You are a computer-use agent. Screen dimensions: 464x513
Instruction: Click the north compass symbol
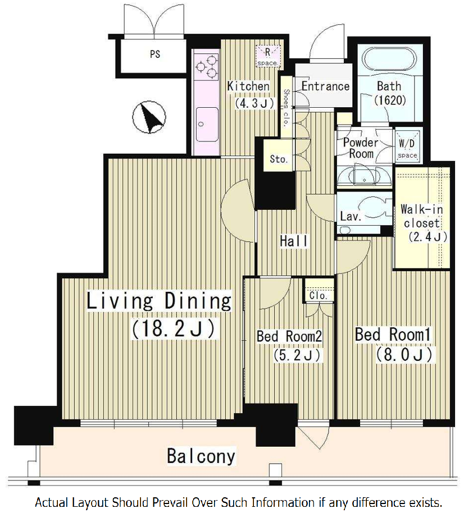tap(149, 117)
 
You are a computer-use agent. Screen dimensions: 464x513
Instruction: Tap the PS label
tap(155, 54)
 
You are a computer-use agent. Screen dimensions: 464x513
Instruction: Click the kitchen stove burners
tap(207, 67)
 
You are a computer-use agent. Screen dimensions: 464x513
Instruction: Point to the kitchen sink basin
tap(207, 125)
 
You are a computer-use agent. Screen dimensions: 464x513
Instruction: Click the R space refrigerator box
tap(268, 56)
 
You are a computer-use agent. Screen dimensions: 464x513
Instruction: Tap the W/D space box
tap(407, 147)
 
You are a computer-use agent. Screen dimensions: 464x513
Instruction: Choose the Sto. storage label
tap(279, 159)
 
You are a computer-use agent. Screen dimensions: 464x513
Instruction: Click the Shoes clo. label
tap(286, 108)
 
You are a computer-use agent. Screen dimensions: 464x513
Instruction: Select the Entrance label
tap(325, 86)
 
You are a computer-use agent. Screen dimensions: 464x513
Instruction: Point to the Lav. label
tap(351, 216)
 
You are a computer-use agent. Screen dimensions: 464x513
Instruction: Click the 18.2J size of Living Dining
tap(174, 328)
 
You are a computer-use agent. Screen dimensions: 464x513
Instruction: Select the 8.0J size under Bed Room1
tap(404, 354)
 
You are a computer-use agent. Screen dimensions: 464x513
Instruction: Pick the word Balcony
tap(201, 456)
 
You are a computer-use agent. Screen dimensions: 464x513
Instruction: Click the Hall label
tap(294, 241)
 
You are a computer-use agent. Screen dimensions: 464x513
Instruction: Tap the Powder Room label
tap(361, 148)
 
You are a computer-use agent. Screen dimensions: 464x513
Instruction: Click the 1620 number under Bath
tap(390, 100)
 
